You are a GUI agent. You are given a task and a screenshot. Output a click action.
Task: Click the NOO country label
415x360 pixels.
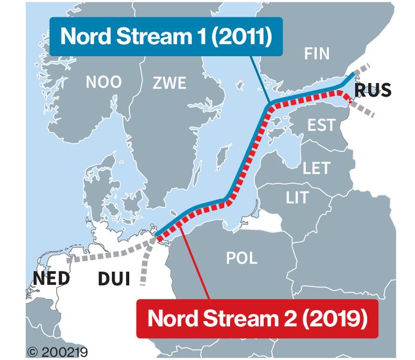coord(103,82)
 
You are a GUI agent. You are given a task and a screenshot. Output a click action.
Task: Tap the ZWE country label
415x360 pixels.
coord(169,82)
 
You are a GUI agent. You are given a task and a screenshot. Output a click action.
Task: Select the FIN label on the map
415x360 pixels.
coord(316,54)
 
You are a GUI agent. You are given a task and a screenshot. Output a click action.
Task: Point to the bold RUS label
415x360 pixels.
coord(373,90)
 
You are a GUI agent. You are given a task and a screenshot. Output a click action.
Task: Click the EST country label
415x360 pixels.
coord(321,125)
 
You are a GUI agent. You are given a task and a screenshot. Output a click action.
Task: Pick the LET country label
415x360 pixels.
coord(316,168)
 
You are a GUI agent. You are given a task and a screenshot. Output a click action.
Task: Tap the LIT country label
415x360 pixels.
coord(297,197)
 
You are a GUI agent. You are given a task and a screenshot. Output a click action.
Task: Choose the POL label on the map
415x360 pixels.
coord(242,258)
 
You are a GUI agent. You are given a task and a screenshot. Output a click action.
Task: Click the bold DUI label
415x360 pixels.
coord(115,279)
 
